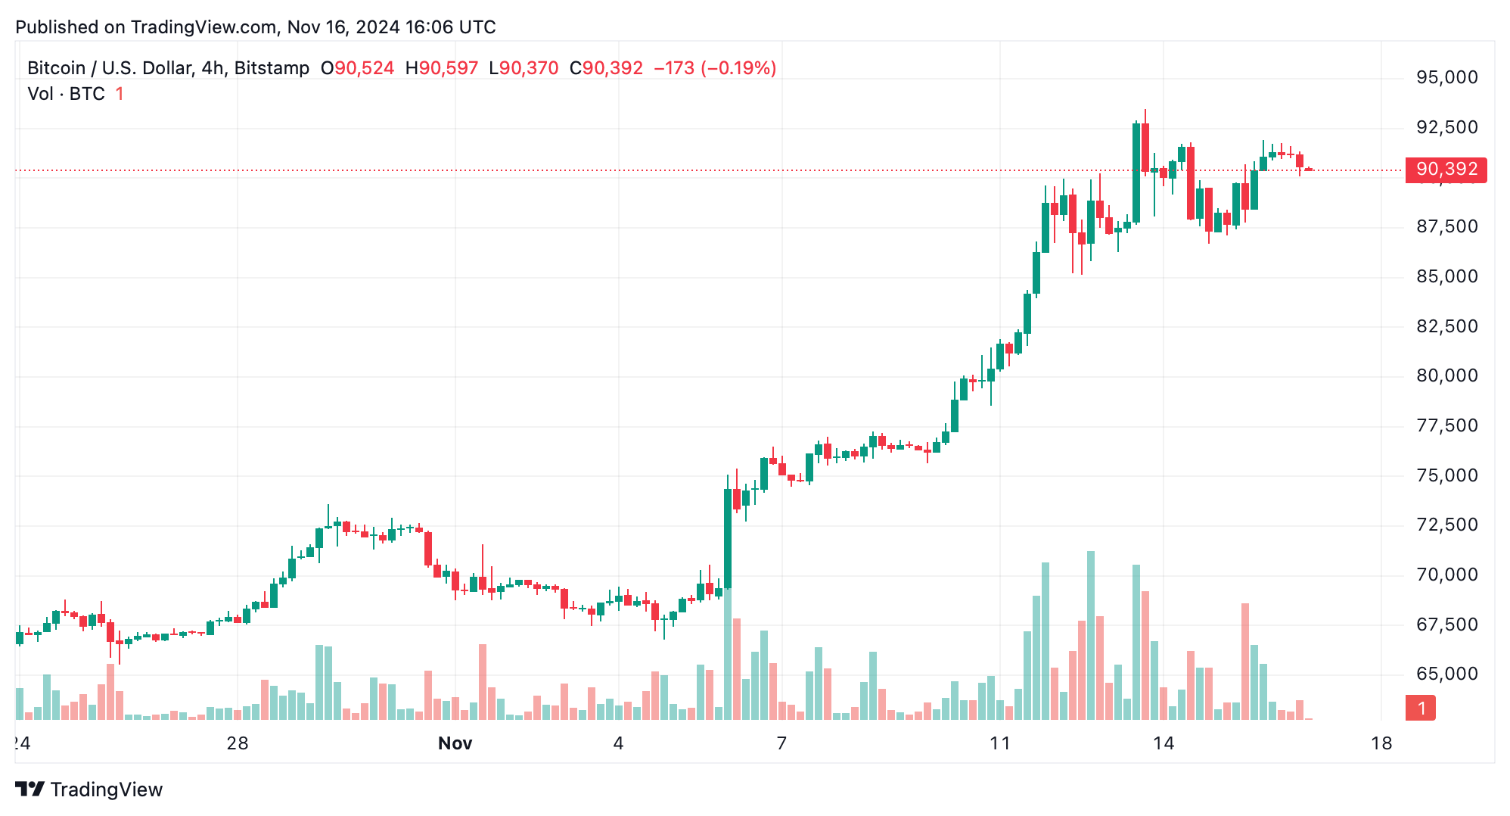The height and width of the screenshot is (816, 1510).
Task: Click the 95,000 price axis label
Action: (1446, 77)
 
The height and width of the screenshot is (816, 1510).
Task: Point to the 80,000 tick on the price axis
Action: (1446, 375)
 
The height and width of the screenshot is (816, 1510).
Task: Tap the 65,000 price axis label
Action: (1446, 674)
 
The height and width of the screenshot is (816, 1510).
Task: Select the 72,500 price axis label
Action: (1446, 525)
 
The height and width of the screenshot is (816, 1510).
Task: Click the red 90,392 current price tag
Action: (1445, 170)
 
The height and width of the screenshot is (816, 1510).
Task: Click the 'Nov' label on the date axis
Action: (455, 743)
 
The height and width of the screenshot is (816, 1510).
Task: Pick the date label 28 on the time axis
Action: (238, 743)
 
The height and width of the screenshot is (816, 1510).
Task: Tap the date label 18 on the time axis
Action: (1381, 743)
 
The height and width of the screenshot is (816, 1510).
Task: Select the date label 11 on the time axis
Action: (1000, 743)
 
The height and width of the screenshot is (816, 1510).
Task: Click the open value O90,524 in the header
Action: (357, 68)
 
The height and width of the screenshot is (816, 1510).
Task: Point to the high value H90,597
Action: (442, 68)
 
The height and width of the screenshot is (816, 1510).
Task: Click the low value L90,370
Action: (524, 68)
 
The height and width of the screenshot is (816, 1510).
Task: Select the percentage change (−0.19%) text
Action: (738, 68)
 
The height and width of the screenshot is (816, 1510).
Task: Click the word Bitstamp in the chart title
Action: (272, 68)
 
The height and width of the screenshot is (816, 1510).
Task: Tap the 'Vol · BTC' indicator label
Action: (66, 94)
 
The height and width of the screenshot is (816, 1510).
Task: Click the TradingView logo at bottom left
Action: (89, 790)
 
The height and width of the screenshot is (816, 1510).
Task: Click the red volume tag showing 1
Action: (1420, 709)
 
